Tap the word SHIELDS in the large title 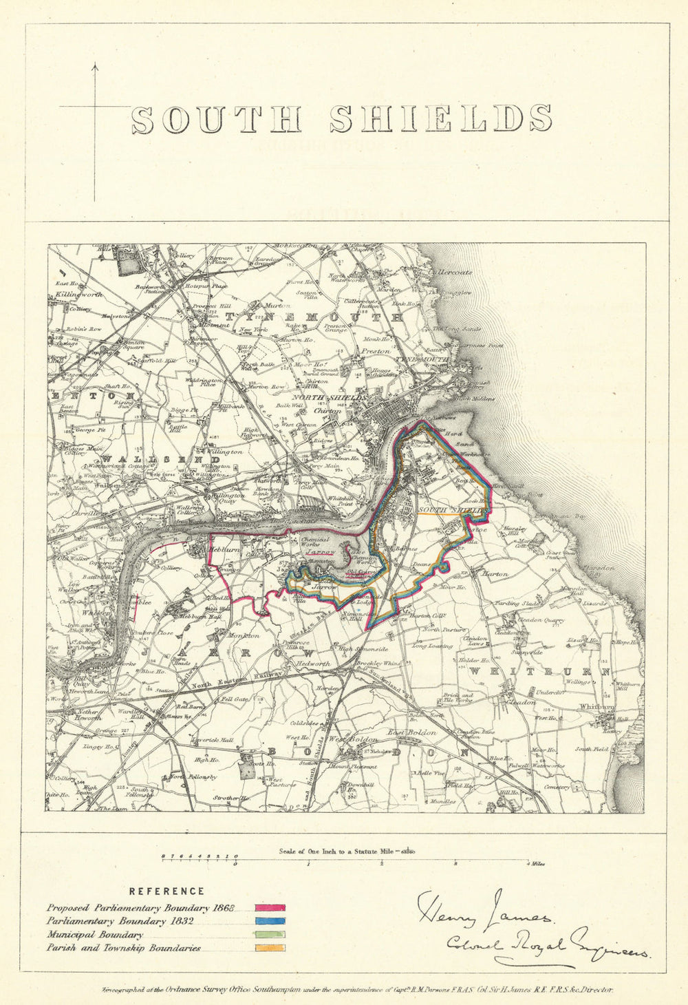click(440, 119)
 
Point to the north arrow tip click(95, 65)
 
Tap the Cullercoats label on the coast click(451, 272)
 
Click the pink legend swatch click(270, 909)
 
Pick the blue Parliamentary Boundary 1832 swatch click(270, 922)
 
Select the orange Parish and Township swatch click(270, 949)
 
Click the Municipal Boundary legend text click(95, 935)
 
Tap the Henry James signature click(482, 911)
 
